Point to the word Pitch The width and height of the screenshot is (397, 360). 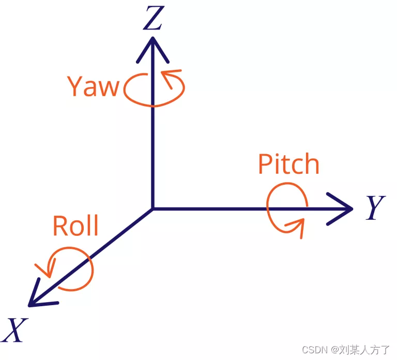click(288, 164)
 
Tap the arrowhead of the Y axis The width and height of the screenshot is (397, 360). click(343, 208)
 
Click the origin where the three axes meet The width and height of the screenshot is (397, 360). click(152, 208)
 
